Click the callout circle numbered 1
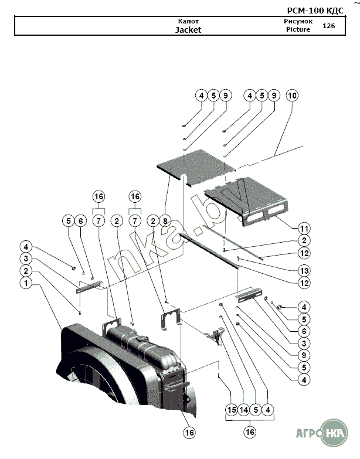(25, 283)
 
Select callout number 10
(291, 96)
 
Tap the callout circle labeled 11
(304, 228)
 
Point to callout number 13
(304, 270)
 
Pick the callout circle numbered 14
(243, 409)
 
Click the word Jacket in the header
(188, 29)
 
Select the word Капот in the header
(188, 21)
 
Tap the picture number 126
(328, 26)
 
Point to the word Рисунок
(294, 21)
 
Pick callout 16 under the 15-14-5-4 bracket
(250, 433)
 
